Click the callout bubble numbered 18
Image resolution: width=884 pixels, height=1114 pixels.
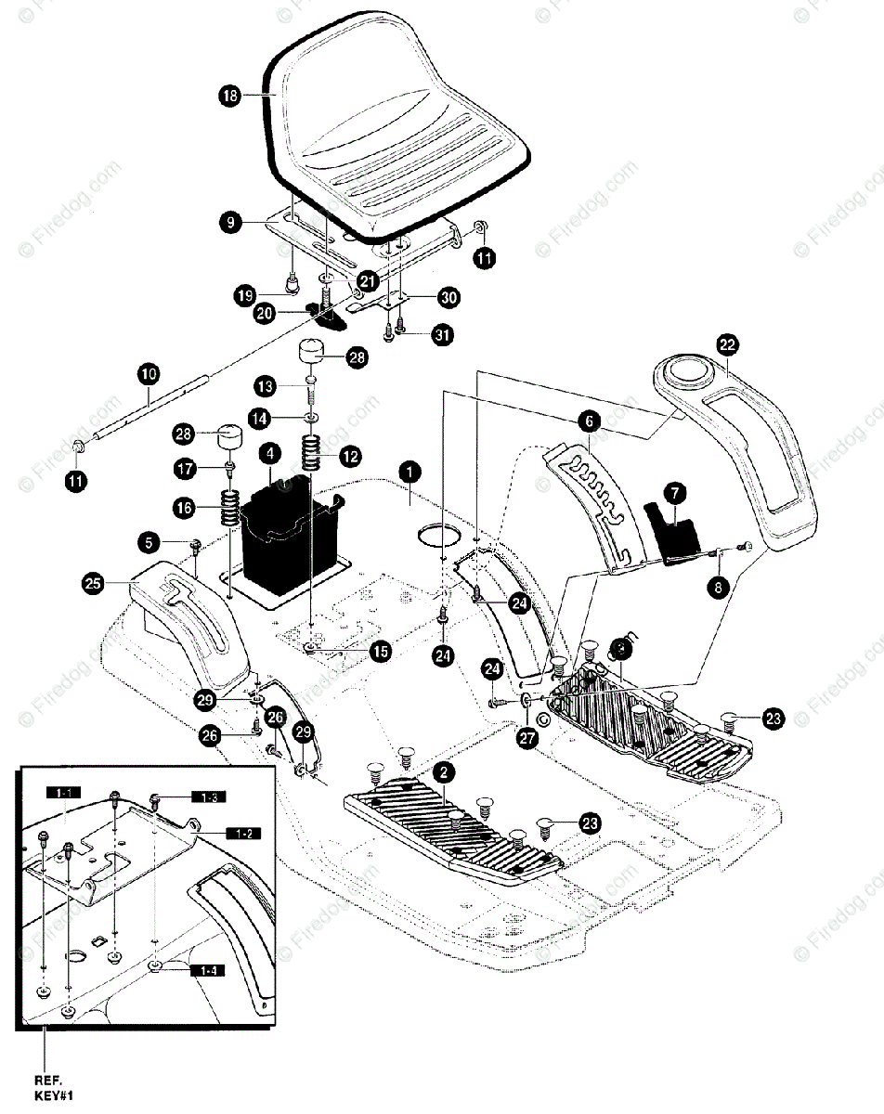coord(230,95)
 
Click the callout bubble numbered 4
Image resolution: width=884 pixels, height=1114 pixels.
coord(270,454)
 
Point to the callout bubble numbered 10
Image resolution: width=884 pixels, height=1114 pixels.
coord(149,374)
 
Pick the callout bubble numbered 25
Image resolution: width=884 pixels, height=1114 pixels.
coord(92,583)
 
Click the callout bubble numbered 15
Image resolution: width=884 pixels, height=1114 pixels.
coord(381,652)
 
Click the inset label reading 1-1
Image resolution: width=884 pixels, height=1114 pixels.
coord(68,792)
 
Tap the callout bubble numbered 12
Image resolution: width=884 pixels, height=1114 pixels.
coord(350,456)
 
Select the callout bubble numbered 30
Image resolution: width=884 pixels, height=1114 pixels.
coord(448,298)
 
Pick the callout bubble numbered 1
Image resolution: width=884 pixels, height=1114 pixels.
coord(406,471)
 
